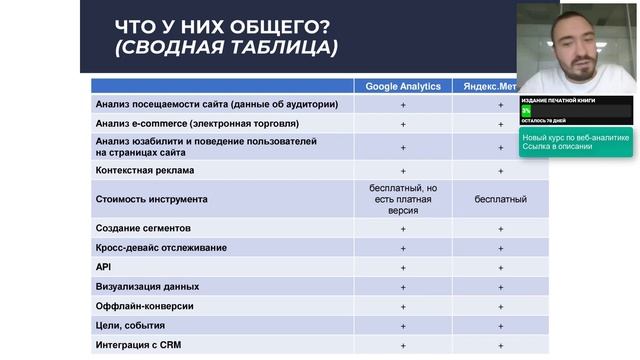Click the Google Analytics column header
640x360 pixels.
pos(403,86)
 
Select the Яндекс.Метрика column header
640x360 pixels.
pos(490,86)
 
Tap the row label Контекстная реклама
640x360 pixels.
pos(144,171)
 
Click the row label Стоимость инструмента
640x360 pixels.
pos(151,199)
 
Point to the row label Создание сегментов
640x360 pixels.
pos(145,228)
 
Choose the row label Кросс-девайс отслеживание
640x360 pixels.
pos(160,247)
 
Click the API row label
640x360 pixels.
pos(103,267)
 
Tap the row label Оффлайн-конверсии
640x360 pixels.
pos(144,306)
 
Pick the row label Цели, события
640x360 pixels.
pos(130,326)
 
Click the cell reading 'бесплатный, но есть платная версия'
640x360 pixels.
pos(403,199)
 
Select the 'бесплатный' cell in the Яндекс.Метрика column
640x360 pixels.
pos(501,199)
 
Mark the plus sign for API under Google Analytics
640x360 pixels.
pos(403,267)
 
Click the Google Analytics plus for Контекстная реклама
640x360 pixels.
pos(403,171)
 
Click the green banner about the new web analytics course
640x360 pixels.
pos(575,141)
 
